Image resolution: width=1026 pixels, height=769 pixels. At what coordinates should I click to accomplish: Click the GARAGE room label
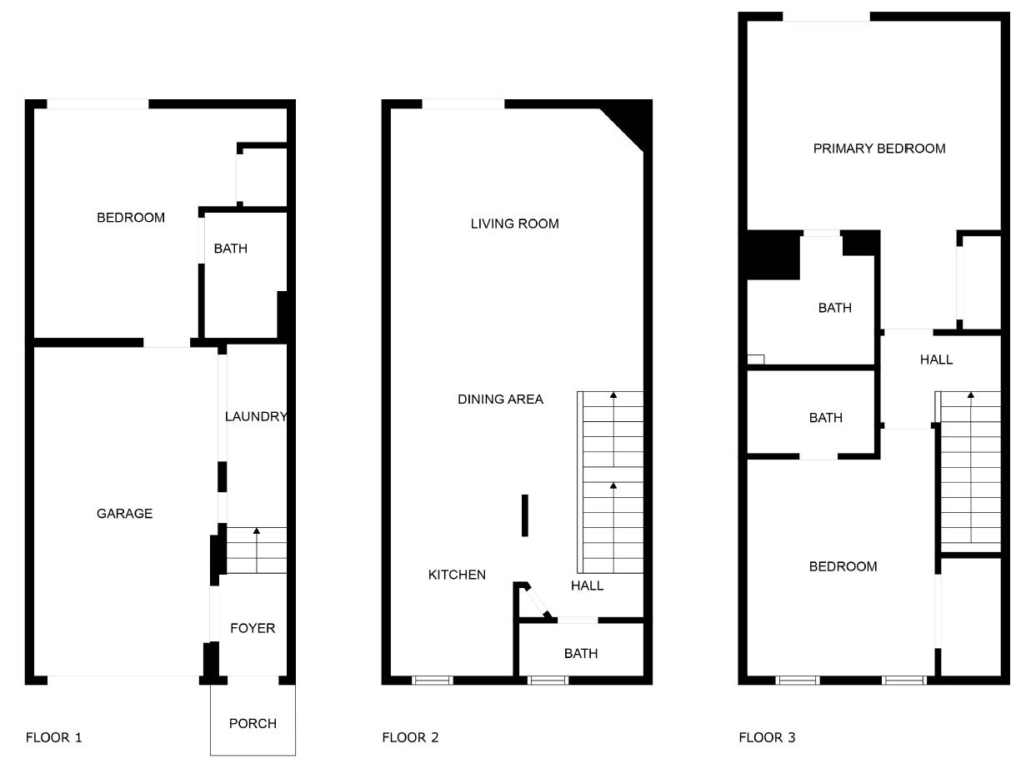124,514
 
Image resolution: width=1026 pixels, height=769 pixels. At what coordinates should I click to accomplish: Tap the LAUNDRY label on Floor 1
256,416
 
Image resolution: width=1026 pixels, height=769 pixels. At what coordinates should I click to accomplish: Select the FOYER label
253,628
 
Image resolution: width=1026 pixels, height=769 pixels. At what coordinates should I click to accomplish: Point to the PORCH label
253,723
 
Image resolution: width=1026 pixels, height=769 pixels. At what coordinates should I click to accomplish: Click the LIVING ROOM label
514,224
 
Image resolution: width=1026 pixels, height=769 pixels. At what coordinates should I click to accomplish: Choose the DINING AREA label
500,400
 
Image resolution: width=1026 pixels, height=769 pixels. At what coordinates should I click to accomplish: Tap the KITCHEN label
457,575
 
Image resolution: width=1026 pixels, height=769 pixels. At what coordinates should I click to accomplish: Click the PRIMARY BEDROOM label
879,148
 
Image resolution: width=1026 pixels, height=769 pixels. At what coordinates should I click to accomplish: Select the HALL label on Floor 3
936,359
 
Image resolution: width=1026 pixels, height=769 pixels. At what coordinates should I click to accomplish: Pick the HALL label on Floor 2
587,586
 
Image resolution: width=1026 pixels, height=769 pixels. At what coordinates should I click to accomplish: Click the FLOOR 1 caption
54,737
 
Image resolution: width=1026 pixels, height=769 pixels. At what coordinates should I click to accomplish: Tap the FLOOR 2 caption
410,737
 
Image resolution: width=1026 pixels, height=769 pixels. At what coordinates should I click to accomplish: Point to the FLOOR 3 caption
767,737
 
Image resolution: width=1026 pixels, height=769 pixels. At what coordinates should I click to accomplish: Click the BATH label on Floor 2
580,653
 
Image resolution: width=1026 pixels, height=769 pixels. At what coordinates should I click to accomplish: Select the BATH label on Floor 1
230,249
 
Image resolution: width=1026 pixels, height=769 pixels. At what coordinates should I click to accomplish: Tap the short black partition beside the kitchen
525,515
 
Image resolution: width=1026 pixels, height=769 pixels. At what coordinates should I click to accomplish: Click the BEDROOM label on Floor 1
131,218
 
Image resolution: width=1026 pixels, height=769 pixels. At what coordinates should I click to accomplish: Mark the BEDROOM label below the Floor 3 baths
843,566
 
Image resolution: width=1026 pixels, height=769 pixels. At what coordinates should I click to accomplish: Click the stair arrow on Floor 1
257,531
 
